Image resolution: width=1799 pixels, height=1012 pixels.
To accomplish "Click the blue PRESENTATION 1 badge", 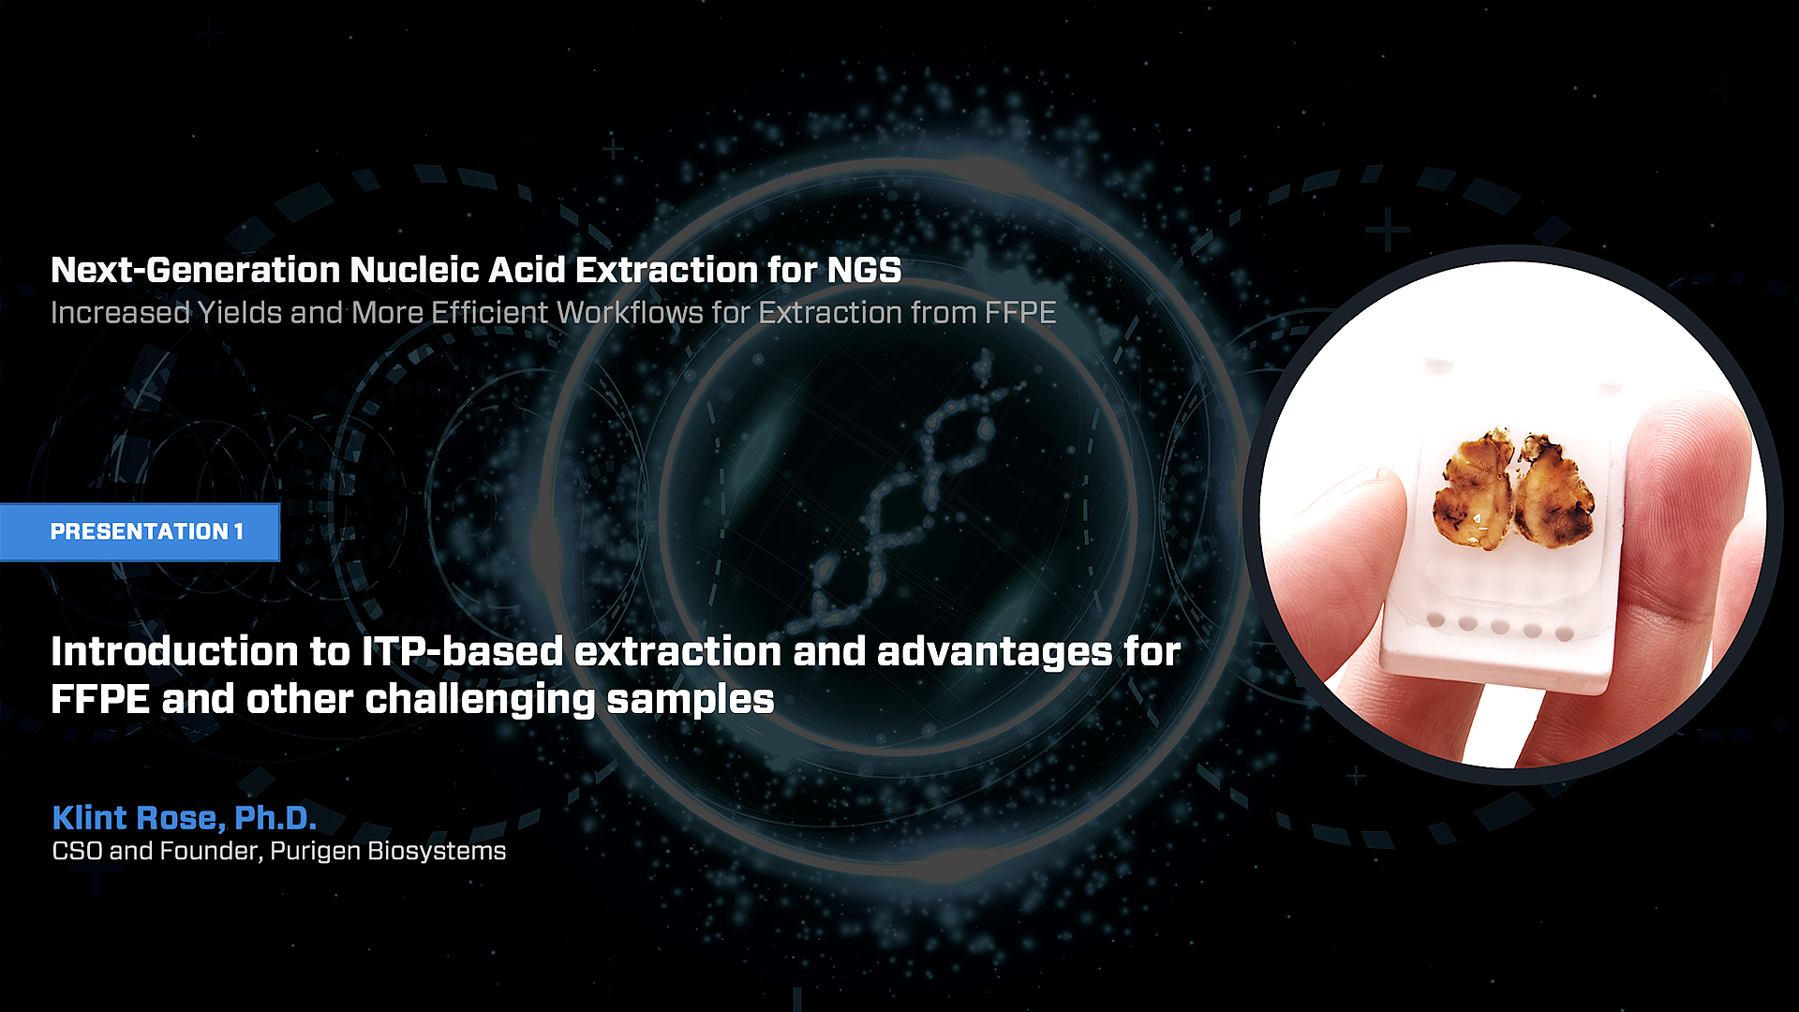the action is (x=140, y=532).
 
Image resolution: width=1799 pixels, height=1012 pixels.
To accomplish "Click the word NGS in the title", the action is (x=864, y=270).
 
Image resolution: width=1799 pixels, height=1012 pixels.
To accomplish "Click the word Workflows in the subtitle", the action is (x=630, y=312).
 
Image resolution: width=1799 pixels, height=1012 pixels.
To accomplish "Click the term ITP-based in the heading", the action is (x=463, y=651).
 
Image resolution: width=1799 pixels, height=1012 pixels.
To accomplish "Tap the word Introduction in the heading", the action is (x=175, y=651).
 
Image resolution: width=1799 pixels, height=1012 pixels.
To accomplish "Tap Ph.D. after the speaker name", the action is (x=275, y=818).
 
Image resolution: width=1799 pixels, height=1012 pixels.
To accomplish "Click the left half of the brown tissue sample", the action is (x=1473, y=489).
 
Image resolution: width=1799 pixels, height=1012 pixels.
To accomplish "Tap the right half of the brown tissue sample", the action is (x=1554, y=489).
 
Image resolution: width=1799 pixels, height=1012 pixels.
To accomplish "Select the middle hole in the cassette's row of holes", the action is (x=1500, y=626).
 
